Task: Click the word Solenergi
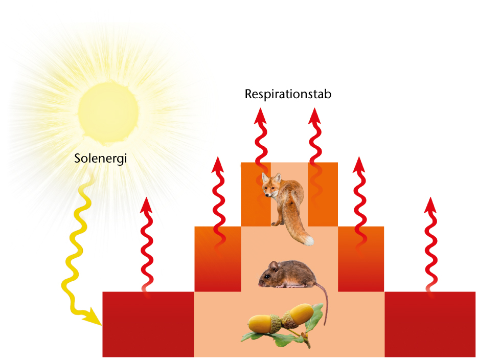(x=101, y=159)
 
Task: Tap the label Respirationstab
(x=288, y=94)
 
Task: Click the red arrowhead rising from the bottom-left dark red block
(x=146, y=205)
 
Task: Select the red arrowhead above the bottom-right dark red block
(x=430, y=205)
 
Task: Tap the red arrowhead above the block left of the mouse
(x=218, y=165)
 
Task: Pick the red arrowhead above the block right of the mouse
(x=359, y=165)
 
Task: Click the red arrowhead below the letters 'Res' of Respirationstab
(x=260, y=116)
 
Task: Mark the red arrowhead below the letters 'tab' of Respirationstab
(x=314, y=116)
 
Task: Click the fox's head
(x=271, y=185)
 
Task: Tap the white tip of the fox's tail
(x=308, y=240)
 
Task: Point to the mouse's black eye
(x=267, y=276)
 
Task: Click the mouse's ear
(x=274, y=266)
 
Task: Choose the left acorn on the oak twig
(x=265, y=323)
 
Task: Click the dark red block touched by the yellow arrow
(x=148, y=324)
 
